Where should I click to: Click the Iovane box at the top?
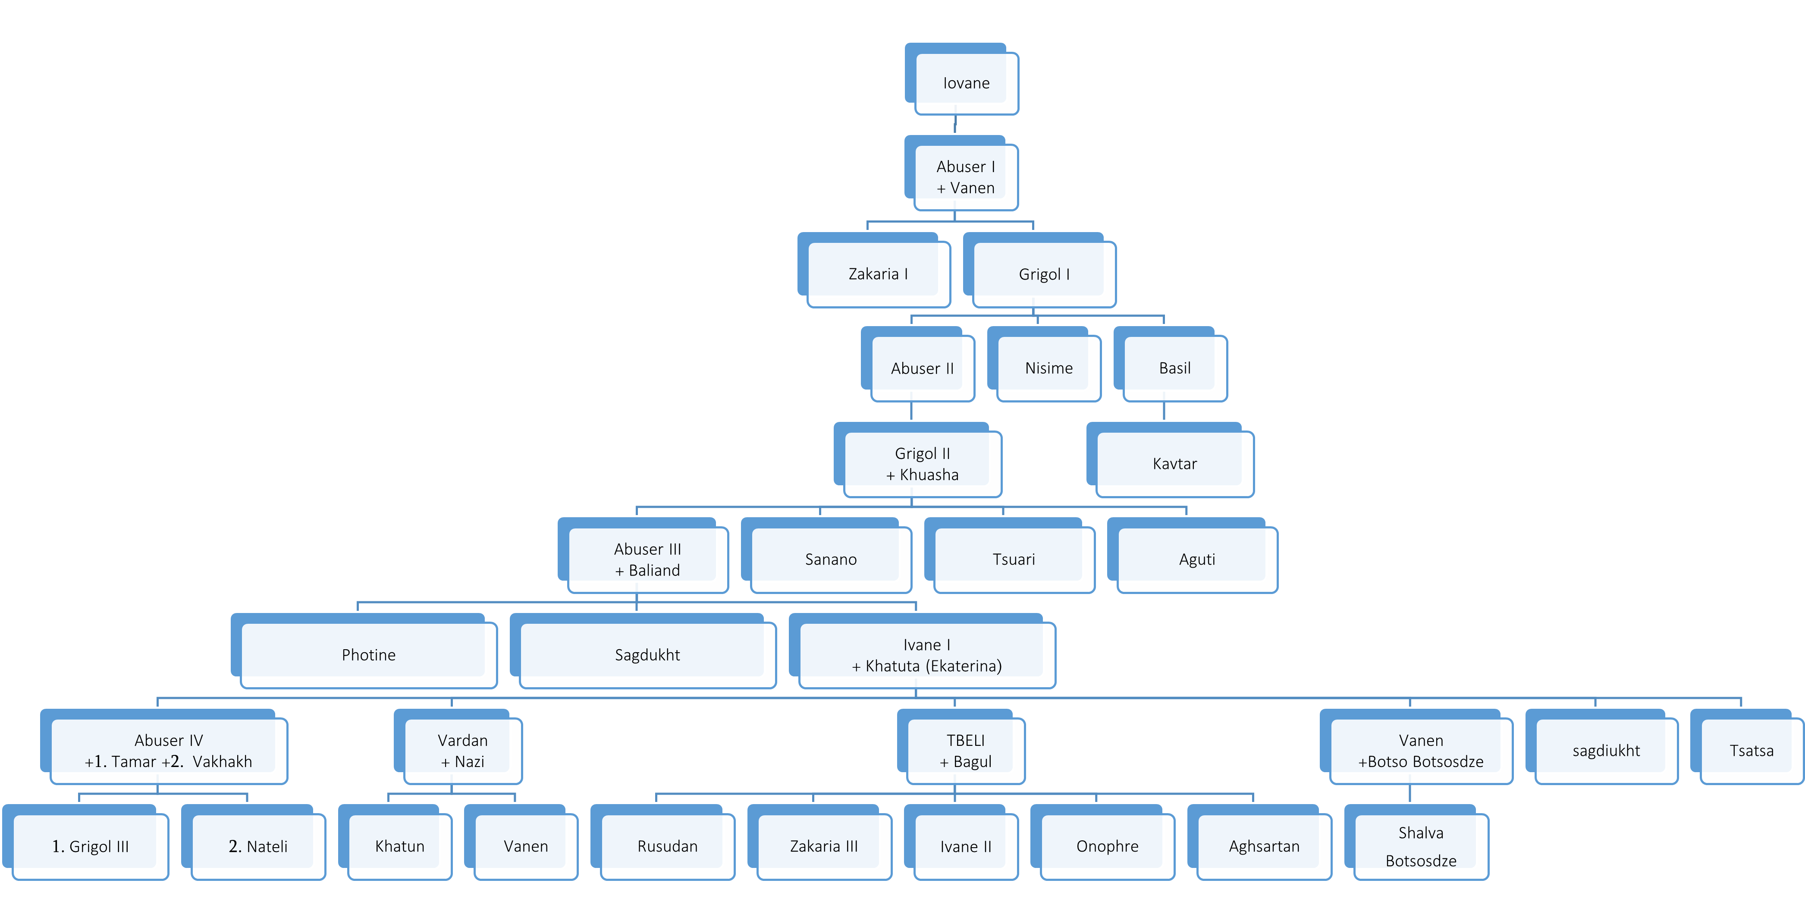(966, 83)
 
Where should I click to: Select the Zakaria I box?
(878, 274)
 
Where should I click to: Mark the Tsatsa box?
(1751, 751)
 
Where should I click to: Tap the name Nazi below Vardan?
(469, 762)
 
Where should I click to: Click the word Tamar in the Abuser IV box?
(133, 762)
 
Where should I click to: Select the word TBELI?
(966, 741)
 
